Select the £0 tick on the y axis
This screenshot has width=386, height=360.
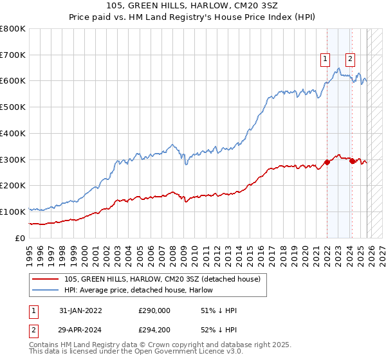[x=19, y=238]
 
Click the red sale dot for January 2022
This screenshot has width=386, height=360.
[x=327, y=162]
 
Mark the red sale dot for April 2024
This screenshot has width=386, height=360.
[x=352, y=161]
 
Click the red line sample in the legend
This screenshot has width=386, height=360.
[x=46, y=279]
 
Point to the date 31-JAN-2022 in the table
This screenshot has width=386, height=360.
[x=80, y=310]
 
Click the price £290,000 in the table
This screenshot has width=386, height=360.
[x=154, y=310]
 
